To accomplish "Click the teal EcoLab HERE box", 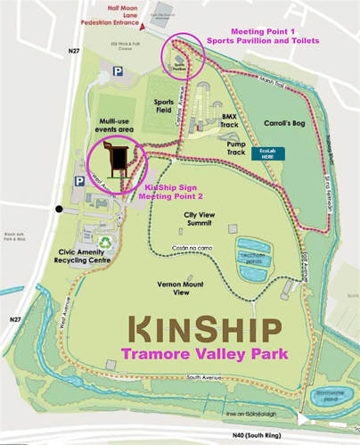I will tap(268, 152).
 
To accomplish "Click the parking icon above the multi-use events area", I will tap(117, 71).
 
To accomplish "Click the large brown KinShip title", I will tap(206, 330).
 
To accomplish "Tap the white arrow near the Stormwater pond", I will tap(305, 416).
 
